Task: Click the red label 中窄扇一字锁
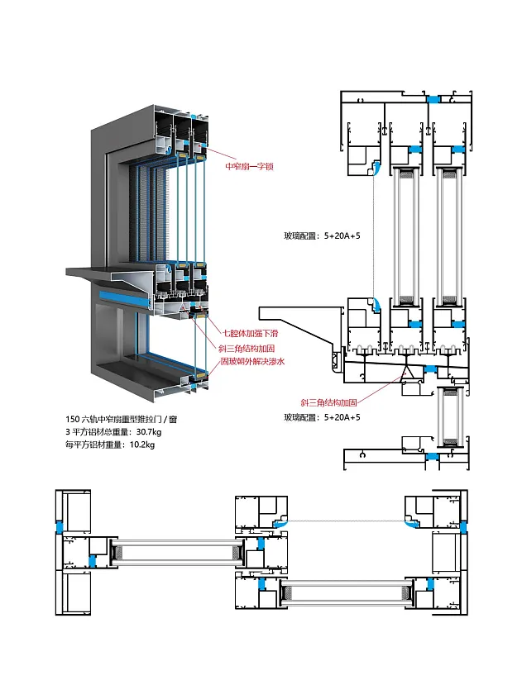(249, 166)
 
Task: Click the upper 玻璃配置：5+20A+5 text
(321, 235)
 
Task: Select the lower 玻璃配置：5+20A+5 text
(321, 418)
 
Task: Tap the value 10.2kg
(142, 445)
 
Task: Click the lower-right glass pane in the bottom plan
(347, 593)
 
